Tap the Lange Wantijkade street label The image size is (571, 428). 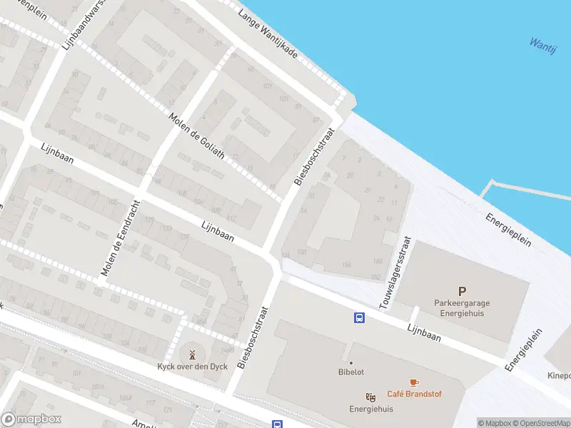click(267, 34)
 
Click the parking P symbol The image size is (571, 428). click(462, 290)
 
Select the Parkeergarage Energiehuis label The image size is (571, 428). click(462, 307)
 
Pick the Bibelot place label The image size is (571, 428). click(351, 372)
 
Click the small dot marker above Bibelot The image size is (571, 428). click(351, 362)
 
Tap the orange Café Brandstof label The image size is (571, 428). click(413, 394)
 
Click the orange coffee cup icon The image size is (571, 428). click(413, 382)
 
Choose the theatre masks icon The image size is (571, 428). click(370, 397)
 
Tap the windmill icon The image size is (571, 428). click(191, 355)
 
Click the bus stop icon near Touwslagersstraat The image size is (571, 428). click(359, 317)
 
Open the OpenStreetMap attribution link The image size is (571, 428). click(541, 423)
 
